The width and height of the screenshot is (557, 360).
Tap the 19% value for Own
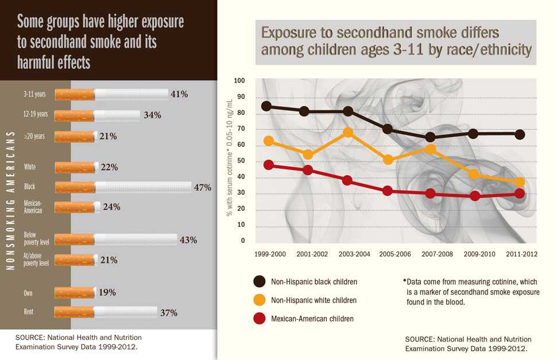click(x=107, y=292)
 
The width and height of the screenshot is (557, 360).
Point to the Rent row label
click(x=28, y=312)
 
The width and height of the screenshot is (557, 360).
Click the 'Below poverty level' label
click(x=36, y=238)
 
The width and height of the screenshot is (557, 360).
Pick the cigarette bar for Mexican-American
click(x=78, y=207)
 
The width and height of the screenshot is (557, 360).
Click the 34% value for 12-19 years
click(x=152, y=115)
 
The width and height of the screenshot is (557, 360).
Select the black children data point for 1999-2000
click(x=266, y=106)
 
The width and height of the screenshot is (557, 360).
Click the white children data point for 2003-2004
click(x=347, y=133)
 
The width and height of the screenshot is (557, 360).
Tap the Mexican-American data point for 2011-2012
click(x=519, y=193)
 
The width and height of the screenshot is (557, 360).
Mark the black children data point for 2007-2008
click(x=431, y=137)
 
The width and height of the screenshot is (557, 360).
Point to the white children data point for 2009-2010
click(x=474, y=175)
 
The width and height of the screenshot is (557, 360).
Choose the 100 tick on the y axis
click(x=239, y=81)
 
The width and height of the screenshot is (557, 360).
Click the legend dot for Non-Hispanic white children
click(x=260, y=300)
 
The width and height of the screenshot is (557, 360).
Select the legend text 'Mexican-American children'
click(x=312, y=318)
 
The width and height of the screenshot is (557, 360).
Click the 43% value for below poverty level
click(x=188, y=240)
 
